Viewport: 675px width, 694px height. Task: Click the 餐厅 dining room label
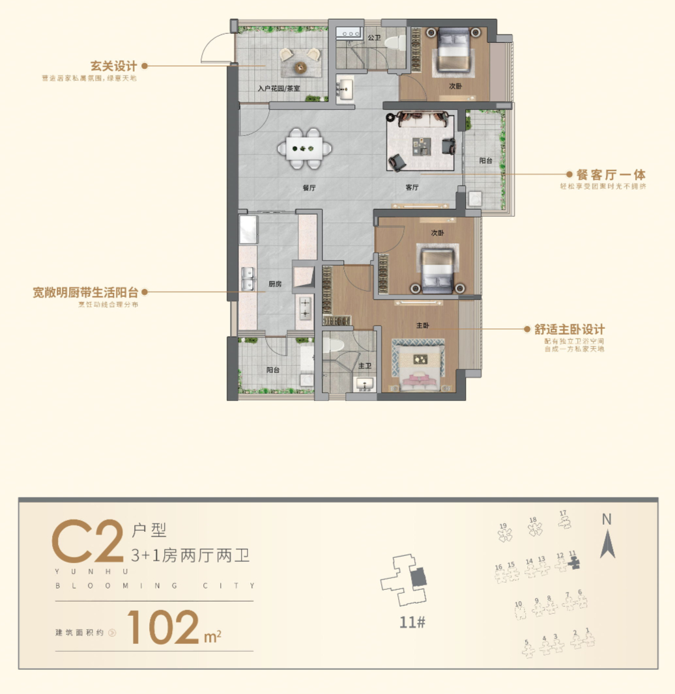tap(309, 187)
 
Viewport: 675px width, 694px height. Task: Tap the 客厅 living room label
tap(412, 187)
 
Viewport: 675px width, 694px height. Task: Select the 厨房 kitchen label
tap(275, 284)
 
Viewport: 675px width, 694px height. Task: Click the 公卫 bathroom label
tap(373, 38)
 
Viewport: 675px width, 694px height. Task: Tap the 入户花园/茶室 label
tap(278, 89)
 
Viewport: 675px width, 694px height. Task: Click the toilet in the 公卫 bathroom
tap(392, 43)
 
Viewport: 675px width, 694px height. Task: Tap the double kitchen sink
tap(248, 281)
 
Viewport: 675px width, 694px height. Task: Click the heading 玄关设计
tap(113, 66)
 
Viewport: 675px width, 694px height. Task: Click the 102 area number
tap(163, 626)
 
